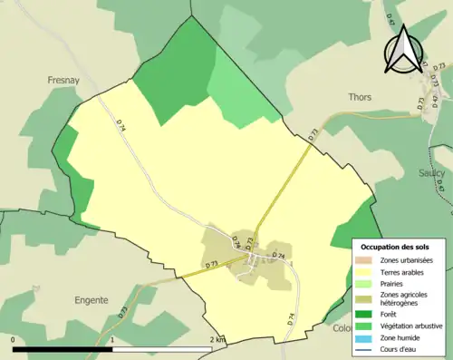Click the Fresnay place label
[x=64, y=80]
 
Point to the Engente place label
[x=92, y=299]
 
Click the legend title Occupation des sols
[x=397, y=247]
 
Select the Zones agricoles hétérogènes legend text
[x=405, y=298]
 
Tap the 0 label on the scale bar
[x=14, y=340]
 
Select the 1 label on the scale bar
[x=112, y=340]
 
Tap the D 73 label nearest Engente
[x=121, y=311]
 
